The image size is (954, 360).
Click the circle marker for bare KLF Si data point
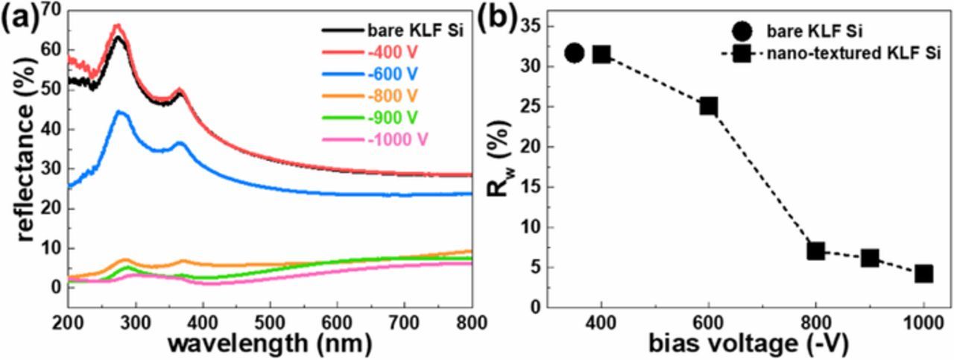574,53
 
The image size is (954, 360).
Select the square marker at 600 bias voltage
708,106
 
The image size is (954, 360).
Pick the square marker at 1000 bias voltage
924,274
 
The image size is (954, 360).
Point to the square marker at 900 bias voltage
870,258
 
